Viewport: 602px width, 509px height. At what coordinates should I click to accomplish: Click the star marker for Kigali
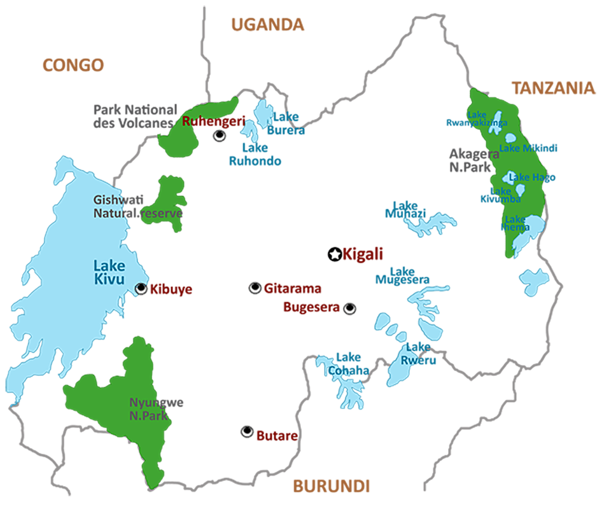tap(335, 254)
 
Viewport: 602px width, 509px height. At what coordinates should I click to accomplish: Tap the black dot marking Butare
tap(247, 432)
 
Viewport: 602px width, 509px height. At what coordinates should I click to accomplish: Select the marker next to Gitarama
tap(255, 288)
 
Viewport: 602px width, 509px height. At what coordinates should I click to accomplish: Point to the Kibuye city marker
tap(141, 289)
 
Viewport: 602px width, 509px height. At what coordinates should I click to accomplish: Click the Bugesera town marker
tap(349, 309)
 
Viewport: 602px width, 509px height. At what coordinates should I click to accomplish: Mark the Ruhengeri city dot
tap(220, 136)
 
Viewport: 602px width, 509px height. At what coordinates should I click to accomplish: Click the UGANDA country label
tap(267, 25)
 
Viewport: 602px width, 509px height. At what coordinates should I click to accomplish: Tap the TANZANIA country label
tap(554, 88)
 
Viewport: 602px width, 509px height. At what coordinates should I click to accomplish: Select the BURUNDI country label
tap(331, 487)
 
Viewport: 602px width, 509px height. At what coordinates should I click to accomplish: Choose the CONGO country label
tap(73, 65)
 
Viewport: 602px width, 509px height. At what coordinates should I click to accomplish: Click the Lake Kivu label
tap(109, 273)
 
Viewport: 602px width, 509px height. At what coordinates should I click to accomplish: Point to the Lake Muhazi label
tap(405, 209)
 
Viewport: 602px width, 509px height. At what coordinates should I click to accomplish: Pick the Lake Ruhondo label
tap(255, 155)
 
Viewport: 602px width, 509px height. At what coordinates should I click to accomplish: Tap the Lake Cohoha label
tap(348, 364)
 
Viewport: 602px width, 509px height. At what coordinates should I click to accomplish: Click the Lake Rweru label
tap(418, 354)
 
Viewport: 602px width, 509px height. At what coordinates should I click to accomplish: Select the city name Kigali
tap(363, 254)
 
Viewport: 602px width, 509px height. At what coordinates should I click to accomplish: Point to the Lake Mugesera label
tap(402, 275)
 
